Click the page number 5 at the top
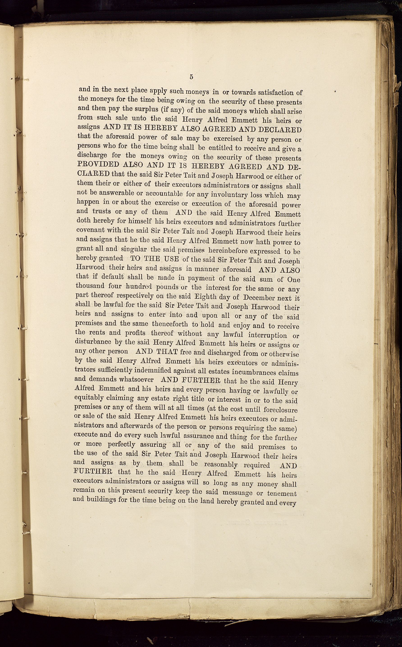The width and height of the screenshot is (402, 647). [192, 77]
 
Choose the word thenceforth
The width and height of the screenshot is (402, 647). [170, 324]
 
